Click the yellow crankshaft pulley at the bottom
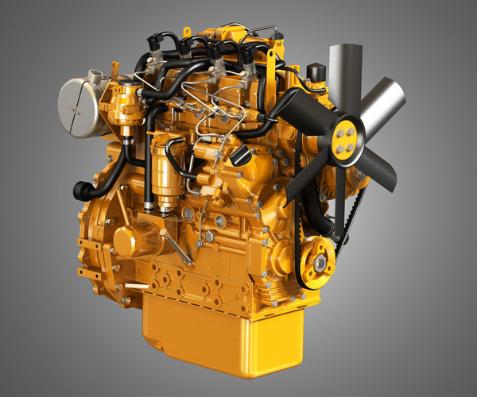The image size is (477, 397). point(318,264)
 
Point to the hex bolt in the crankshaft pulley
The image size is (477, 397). point(320,263)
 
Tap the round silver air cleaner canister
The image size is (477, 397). point(79,107)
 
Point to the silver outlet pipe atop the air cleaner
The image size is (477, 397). point(96,76)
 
